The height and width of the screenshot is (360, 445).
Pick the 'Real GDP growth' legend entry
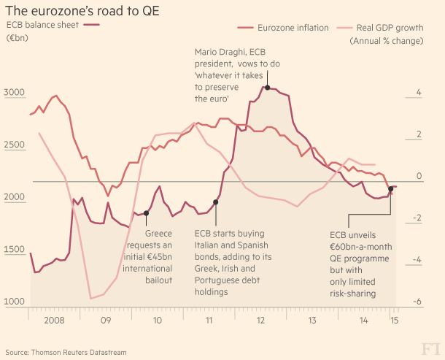tap(387, 28)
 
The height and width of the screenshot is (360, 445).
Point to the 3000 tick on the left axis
tap(15, 93)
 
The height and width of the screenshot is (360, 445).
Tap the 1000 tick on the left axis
tap(15, 302)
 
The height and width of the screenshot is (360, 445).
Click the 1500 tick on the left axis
tap(15, 250)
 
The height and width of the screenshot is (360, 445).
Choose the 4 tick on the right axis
tap(418, 93)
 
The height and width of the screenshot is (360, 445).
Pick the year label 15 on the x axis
tap(393, 320)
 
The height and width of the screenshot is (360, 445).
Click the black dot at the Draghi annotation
tap(268, 88)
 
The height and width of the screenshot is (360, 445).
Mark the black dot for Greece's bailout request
tap(147, 213)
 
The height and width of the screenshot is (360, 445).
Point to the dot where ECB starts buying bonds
tap(215, 202)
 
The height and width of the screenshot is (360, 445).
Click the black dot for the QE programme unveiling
tap(391, 189)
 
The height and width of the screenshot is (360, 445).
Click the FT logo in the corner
tap(425, 345)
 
